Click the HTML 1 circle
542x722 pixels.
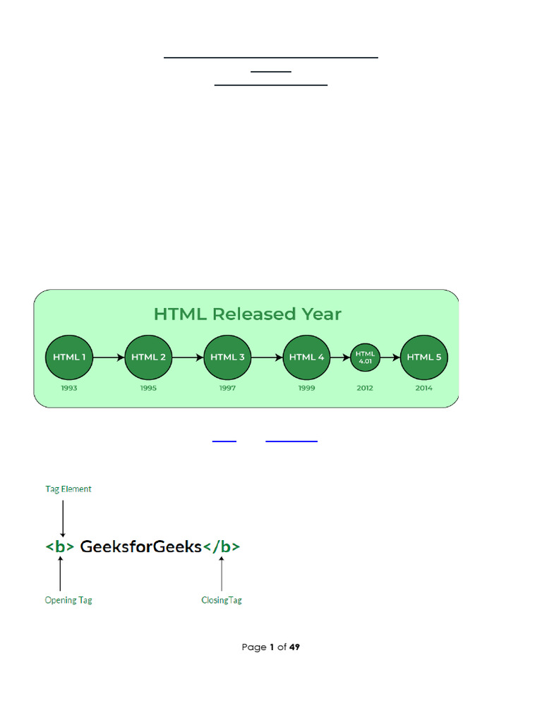[69, 357]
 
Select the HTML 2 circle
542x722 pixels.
[149, 357]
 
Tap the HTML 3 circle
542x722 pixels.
[228, 357]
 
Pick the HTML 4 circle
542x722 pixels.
[307, 357]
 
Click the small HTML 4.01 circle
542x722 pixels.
[366, 357]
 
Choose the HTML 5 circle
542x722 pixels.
[424, 357]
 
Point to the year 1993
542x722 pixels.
[69, 388]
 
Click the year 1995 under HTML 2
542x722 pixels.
[149, 388]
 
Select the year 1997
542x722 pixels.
[228, 388]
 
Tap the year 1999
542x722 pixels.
[307, 388]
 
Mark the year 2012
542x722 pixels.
[366, 388]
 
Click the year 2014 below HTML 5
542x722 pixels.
[424, 388]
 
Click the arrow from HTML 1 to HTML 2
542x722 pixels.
[109, 357]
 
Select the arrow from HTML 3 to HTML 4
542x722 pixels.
[267, 357]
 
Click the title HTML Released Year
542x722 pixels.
[247, 314]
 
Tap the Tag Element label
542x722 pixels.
[68, 489]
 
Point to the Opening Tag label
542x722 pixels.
[68, 600]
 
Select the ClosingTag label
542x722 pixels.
[222, 600]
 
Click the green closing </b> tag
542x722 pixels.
[222, 546]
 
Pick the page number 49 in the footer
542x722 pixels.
[294, 647]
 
